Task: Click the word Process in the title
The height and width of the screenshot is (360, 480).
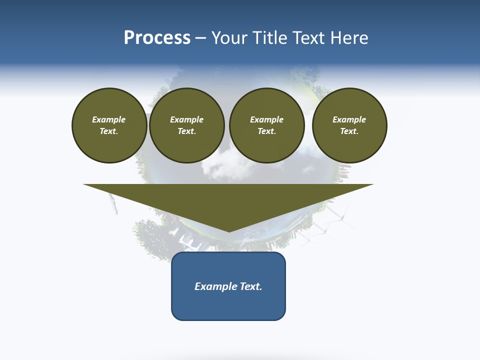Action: [157, 38]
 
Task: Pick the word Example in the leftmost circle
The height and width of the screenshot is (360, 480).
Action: [109, 119]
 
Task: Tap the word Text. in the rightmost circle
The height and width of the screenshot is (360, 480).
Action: [349, 131]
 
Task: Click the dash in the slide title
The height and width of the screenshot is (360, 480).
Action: [200, 38]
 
